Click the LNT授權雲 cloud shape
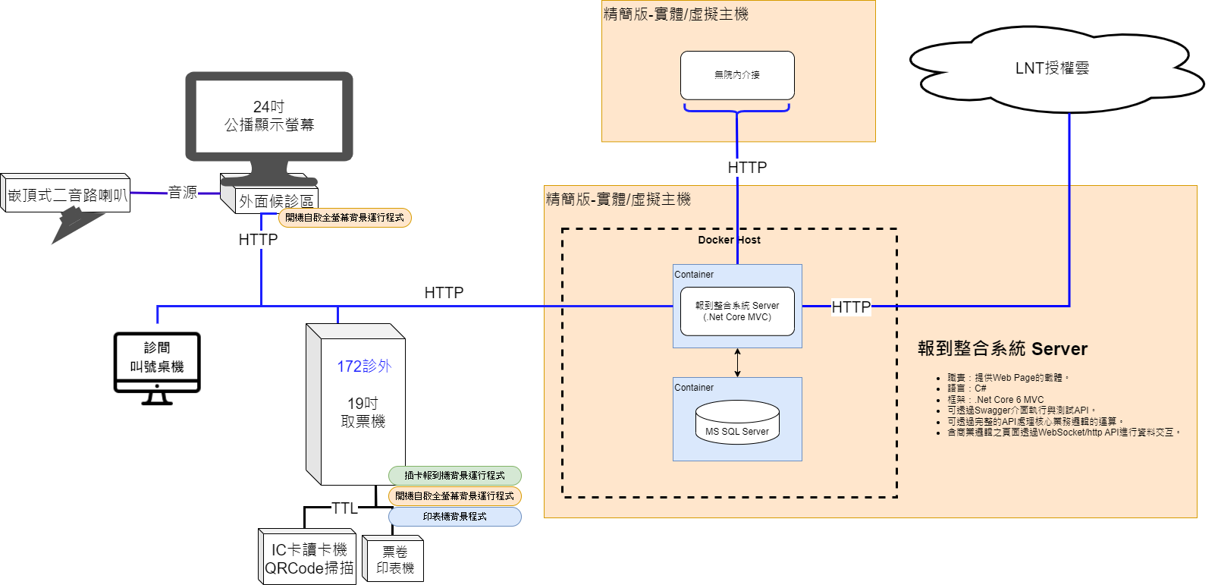(1052, 68)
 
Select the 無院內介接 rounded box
(737, 75)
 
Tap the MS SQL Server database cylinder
(737, 423)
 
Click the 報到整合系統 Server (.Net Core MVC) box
(737, 311)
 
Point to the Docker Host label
(729, 240)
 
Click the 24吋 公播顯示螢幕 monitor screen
(269, 116)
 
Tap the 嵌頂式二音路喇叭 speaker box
(67, 195)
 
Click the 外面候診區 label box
(276, 200)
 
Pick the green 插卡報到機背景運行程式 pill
(454, 476)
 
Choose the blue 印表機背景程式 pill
(454, 517)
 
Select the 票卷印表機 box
(394, 560)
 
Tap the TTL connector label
(344, 508)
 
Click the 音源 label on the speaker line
(183, 193)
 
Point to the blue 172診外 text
(364, 366)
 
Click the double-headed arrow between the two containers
(737, 363)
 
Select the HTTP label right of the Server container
(851, 307)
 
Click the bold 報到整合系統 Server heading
(1002, 349)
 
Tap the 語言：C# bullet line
(966, 388)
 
